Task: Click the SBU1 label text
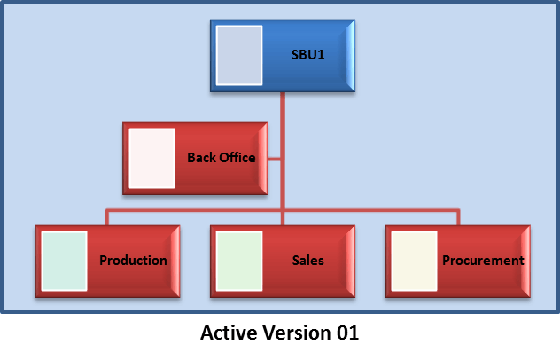[x=307, y=55]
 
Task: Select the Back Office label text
[x=222, y=158]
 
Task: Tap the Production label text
[x=133, y=261]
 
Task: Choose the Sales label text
[x=307, y=261]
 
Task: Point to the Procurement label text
[x=483, y=261]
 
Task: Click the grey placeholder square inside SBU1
[x=239, y=55]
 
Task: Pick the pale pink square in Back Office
[x=152, y=158]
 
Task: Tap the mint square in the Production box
[x=65, y=261]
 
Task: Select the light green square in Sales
[x=239, y=261]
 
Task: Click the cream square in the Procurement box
[x=415, y=261]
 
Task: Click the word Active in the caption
[x=229, y=333]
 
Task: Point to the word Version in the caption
[x=297, y=333]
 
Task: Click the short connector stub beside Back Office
[x=274, y=159]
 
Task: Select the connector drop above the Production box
[x=107, y=217]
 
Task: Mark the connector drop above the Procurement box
[x=458, y=217]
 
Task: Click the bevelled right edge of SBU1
[x=350, y=56]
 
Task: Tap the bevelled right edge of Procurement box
[x=525, y=262]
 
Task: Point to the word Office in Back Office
[x=237, y=158]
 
